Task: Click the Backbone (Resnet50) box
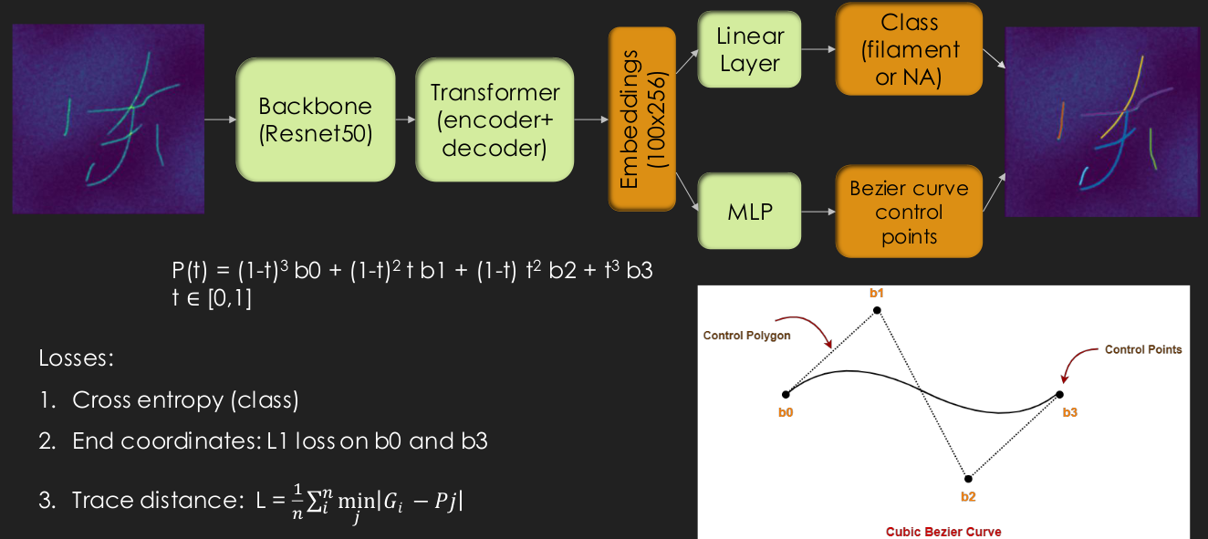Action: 316,119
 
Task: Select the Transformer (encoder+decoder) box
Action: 495,119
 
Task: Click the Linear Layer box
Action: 749,50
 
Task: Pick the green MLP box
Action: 749,212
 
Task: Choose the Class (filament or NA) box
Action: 909,50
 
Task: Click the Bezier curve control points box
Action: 909,212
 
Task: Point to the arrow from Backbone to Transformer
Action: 405,119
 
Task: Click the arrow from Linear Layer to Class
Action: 818,50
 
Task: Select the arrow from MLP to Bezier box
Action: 818,212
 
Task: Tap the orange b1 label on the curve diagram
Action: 877,293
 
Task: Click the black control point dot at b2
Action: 968,479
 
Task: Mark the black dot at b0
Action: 786,395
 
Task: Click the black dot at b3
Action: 1059,395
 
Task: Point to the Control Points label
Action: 1143,349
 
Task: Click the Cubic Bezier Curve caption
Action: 943,531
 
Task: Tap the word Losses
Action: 76,358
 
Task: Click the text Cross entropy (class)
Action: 185,399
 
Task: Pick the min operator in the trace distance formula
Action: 349,500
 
